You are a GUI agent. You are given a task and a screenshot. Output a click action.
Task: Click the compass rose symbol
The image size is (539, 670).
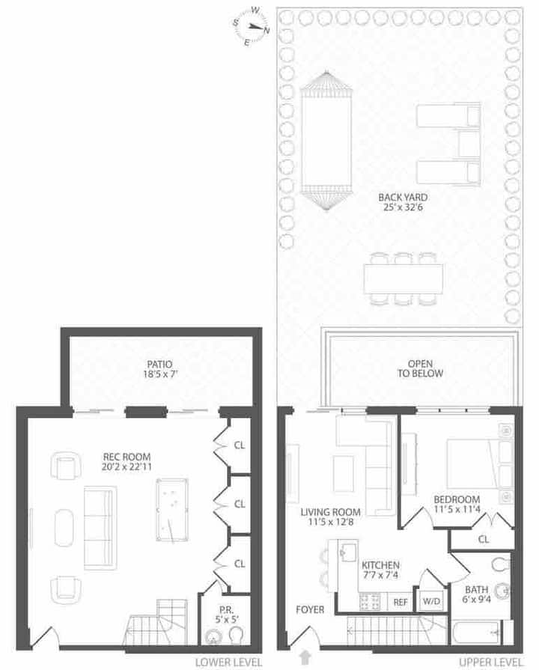point(252,26)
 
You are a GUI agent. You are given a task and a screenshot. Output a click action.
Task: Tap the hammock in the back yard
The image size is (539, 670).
point(326,140)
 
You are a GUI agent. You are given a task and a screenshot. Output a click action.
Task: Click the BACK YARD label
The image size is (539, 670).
point(403,198)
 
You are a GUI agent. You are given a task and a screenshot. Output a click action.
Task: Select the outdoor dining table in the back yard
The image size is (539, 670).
point(403,279)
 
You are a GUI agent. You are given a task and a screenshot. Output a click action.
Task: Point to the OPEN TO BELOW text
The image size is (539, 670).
point(420,368)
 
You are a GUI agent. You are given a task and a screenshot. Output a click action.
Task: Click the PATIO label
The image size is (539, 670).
point(160,364)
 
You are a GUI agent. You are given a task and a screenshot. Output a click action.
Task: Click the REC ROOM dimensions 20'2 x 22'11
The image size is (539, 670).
point(127,466)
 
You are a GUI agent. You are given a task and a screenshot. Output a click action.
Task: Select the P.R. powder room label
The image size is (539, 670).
point(226,610)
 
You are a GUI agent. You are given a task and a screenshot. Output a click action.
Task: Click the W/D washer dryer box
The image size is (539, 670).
point(431,601)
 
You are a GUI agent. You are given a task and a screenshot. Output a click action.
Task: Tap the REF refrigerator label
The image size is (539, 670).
point(400,602)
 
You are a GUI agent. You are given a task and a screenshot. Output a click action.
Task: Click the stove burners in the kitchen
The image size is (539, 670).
point(370,602)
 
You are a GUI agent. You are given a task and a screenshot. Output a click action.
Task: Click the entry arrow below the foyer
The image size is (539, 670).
point(305,657)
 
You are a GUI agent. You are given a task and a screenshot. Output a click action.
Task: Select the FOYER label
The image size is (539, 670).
point(310,609)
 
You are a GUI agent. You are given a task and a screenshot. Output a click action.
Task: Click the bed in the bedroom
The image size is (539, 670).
point(475,463)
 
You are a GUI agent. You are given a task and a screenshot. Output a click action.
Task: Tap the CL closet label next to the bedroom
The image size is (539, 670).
point(484,539)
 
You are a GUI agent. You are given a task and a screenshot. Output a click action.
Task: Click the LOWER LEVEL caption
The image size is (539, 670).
point(228,663)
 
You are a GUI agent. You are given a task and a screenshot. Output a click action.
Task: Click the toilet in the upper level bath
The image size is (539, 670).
point(501,564)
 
